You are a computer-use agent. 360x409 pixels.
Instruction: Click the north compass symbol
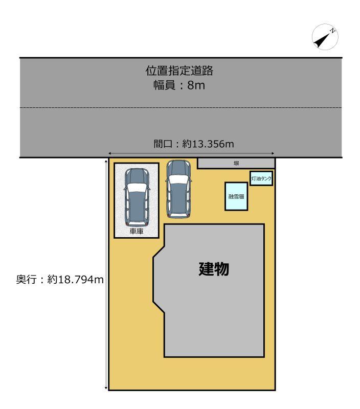[x=325, y=37]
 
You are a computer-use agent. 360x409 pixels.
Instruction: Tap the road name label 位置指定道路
[x=179, y=71]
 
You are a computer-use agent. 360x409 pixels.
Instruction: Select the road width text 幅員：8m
[x=179, y=85]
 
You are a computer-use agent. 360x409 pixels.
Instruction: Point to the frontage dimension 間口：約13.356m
[x=194, y=144]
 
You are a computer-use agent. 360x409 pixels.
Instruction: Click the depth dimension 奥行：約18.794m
[x=60, y=280]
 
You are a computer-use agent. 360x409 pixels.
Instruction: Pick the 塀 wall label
[x=236, y=164]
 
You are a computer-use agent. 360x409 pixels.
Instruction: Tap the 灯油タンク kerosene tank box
[x=261, y=178]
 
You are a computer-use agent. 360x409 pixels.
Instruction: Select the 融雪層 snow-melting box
[x=236, y=196]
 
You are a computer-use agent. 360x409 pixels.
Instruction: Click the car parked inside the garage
[x=137, y=197]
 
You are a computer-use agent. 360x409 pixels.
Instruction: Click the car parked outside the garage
[x=178, y=189]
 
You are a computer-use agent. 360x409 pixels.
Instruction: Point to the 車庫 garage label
[x=137, y=231]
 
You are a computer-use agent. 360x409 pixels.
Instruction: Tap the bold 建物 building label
[x=214, y=269]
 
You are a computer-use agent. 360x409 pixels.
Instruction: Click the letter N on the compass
[x=332, y=31]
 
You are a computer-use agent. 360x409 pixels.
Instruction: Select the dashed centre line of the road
[x=181, y=107]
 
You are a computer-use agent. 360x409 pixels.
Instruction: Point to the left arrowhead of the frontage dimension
[x=110, y=153]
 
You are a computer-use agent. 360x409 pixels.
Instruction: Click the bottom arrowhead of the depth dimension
[x=106, y=388]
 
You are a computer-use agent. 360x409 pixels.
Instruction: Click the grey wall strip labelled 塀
[x=236, y=163]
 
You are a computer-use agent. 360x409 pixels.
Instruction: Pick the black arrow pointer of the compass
[x=322, y=41]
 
